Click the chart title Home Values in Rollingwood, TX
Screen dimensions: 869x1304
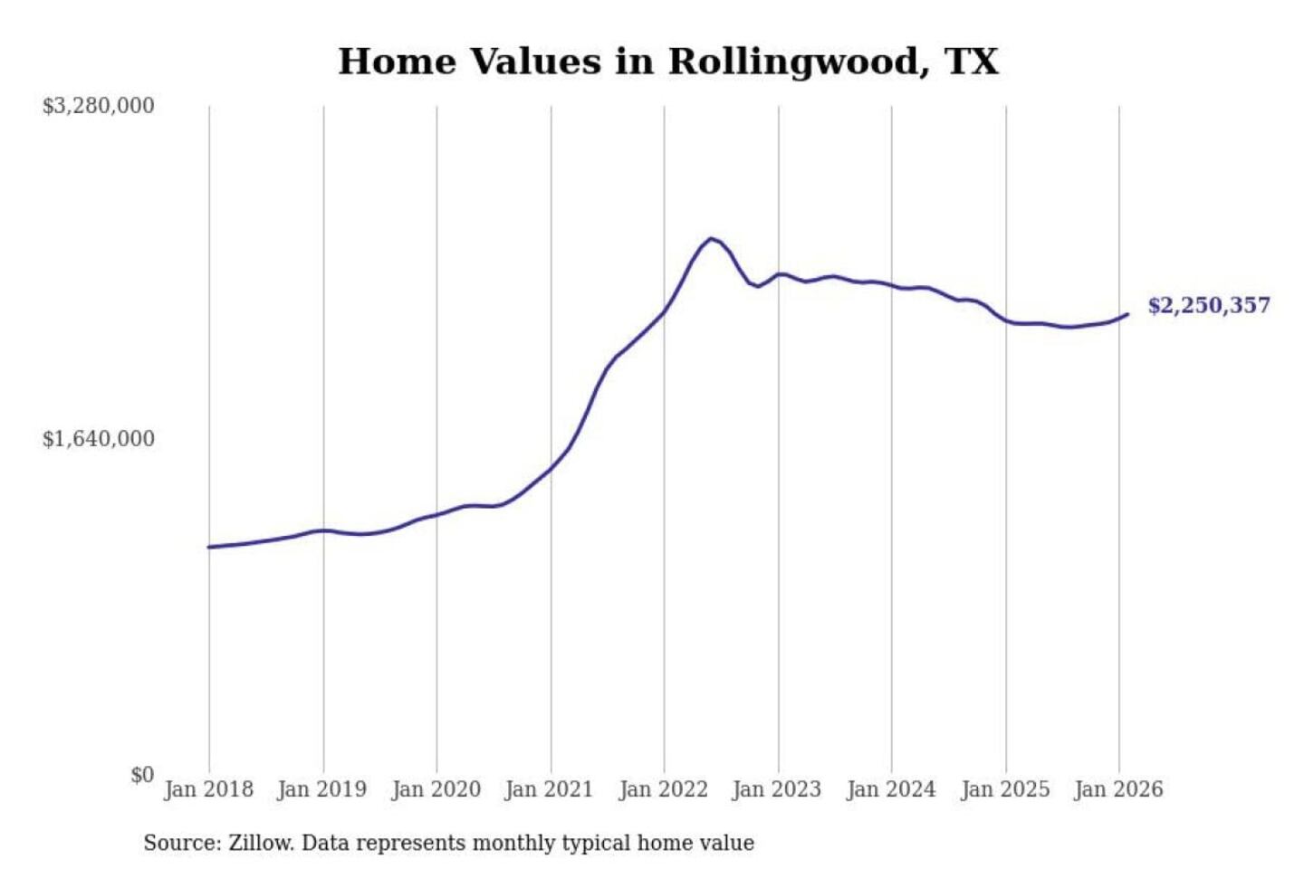[x=668, y=62]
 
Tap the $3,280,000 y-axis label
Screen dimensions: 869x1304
[x=99, y=106]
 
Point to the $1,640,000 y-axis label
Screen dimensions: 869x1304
[x=99, y=439]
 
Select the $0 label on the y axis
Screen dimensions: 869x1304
[x=142, y=775]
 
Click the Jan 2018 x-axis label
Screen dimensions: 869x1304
[x=208, y=789]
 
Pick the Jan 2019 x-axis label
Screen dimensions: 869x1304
[x=321, y=789]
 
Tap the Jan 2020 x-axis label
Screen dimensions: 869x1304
[x=436, y=789]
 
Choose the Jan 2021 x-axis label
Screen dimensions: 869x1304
[x=549, y=789]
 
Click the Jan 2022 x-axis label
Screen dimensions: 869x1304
[x=663, y=789]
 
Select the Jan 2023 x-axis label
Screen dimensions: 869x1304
[x=776, y=789]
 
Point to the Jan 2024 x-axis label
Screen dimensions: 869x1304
[x=890, y=789]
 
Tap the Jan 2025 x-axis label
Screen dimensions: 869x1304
[x=1004, y=789]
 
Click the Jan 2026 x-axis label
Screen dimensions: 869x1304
[x=1118, y=789]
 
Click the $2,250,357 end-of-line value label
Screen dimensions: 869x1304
[x=1209, y=305]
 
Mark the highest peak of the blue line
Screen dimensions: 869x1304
[x=712, y=239]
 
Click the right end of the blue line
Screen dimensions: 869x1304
[x=1127, y=314]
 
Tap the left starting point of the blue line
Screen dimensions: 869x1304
[x=209, y=547]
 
